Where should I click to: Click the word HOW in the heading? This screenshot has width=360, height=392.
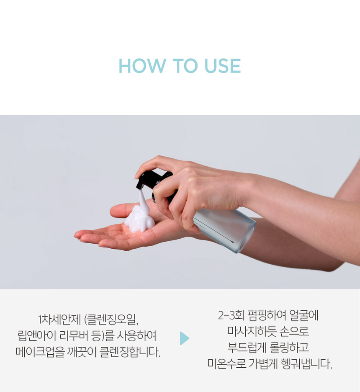pyautogui.click(x=142, y=66)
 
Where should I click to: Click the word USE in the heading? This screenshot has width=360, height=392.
pyautogui.click(x=222, y=66)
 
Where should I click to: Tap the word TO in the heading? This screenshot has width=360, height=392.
pyautogui.click(x=185, y=66)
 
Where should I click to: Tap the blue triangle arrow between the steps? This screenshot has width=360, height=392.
pyautogui.click(x=184, y=338)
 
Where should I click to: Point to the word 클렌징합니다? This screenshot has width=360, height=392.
pyautogui.click(x=130, y=352)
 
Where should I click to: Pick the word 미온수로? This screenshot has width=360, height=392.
pyautogui.click(x=227, y=364)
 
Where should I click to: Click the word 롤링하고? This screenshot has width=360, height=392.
pyautogui.click(x=289, y=348)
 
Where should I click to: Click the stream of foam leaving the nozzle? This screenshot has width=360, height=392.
pyautogui.click(x=142, y=198)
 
